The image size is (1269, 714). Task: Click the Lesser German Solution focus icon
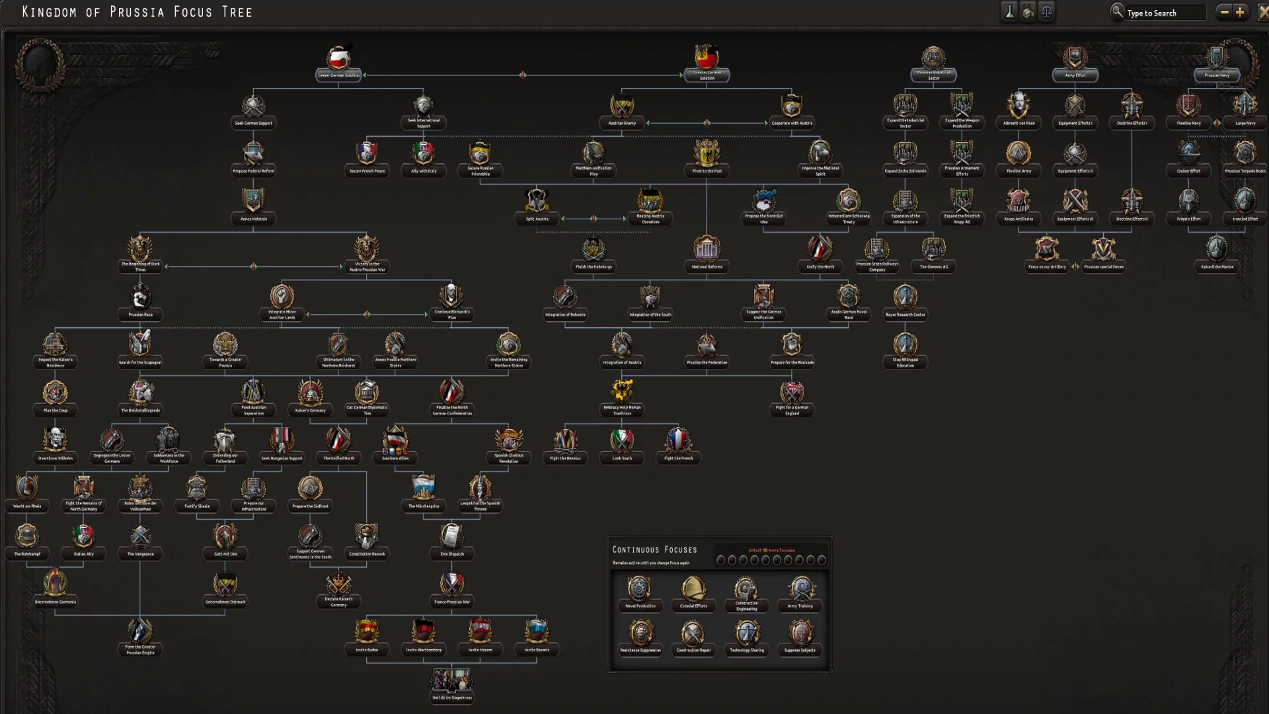point(338,59)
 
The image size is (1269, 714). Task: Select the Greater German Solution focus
point(707,59)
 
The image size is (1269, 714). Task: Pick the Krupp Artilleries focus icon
point(1019,202)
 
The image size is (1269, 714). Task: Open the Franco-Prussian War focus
point(452,586)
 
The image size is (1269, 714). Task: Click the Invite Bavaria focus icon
point(537,633)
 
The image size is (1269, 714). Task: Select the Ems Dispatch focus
point(452,537)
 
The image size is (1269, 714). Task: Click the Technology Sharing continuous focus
point(747,635)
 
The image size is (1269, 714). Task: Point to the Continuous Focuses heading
point(654,550)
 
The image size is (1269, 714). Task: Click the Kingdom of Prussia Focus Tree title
point(137,12)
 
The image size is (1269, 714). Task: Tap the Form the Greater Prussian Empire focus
point(140,633)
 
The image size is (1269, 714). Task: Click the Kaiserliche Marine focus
point(1217,251)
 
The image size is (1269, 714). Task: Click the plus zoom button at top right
point(1240,12)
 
